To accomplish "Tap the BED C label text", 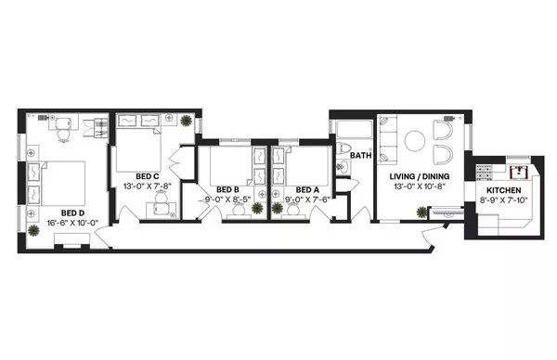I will coord(148,175).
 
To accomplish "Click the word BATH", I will coord(361,155).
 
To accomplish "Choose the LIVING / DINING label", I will coord(420,175).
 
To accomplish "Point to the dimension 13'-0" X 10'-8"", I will coord(420,187).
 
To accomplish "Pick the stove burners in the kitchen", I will coord(482,171).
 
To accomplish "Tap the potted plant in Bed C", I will coord(188,121).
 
